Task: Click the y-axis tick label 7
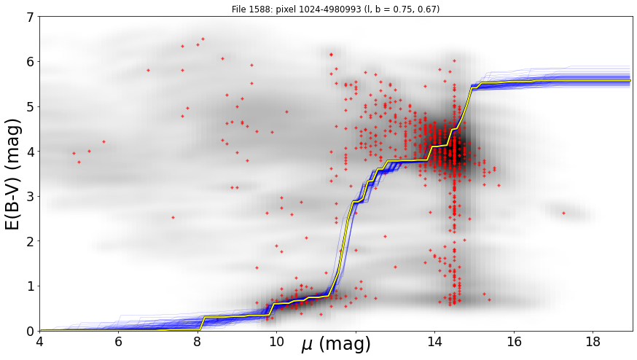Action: coord(30,17)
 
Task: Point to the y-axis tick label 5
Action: coord(30,107)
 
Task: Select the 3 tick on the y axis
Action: coord(30,197)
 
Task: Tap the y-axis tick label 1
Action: coord(30,286)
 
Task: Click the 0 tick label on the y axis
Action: coord(30,331)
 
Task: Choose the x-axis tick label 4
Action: coord(39,342)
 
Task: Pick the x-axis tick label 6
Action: coord(119,342)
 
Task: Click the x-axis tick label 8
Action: coord(198,342)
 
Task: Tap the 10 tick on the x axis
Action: coord(277,342)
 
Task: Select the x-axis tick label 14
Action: coord(434,342)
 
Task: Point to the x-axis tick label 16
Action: coord(514,342)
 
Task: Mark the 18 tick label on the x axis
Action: coord(593,342)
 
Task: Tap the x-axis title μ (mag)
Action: coord(336,344)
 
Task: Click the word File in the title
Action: coord(238,9)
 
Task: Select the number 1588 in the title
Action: coord(257,9)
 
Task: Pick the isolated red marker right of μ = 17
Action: coord(563,213)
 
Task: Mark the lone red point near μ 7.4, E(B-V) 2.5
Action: coord(173,217)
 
